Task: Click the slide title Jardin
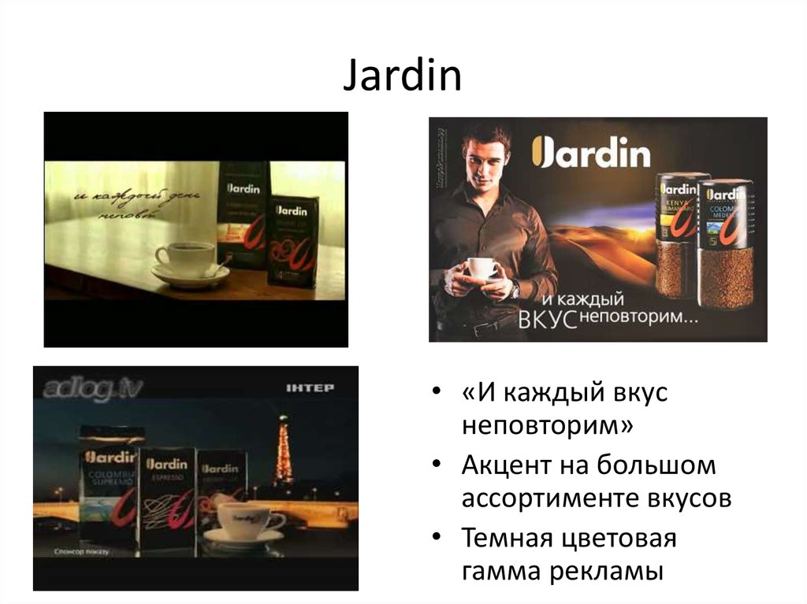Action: (402, 77)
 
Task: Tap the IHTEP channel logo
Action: (311, 388)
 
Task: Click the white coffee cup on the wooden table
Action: (185, 258)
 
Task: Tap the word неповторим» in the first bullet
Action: (548, 426)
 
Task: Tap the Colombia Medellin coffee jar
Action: (725, 244)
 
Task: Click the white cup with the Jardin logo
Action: (250, 521)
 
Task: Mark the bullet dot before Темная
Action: (437, 539)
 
